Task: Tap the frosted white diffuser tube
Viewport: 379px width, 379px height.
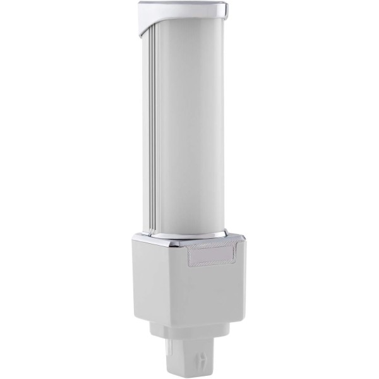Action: [x=189, y=126]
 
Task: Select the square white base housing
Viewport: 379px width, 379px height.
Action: [x=189, y=284]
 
